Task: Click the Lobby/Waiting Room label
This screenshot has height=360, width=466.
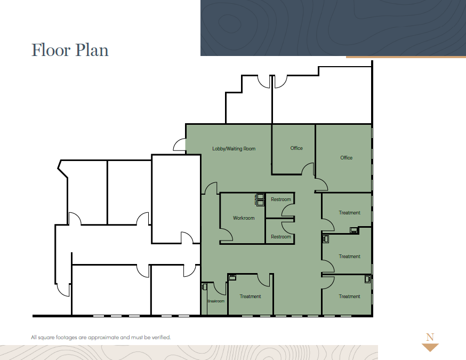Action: pos(234,149)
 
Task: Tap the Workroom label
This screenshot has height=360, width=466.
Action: pos(244,218)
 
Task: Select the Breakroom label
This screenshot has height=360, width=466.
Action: pos(216,301)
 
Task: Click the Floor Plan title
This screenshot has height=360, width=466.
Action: pos(70,50)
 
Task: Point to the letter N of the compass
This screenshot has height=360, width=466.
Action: pos(430,337)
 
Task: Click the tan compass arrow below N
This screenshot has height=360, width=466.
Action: pos(430,347)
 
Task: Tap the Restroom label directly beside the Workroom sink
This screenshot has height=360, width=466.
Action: pos(281,199)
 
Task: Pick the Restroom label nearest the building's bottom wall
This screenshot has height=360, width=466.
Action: pos(281,237)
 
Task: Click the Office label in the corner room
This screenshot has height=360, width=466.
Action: pos(346,158)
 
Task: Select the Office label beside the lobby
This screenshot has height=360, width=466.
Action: pos(296,148)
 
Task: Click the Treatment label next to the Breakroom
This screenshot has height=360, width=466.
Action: pos(250,297)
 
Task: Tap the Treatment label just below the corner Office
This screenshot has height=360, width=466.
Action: pos(350,213)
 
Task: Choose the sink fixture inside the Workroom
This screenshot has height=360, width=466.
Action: pos(260,200)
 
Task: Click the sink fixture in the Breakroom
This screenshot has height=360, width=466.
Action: pos(204,286)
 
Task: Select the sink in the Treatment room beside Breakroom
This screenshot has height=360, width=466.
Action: pos(232,277)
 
